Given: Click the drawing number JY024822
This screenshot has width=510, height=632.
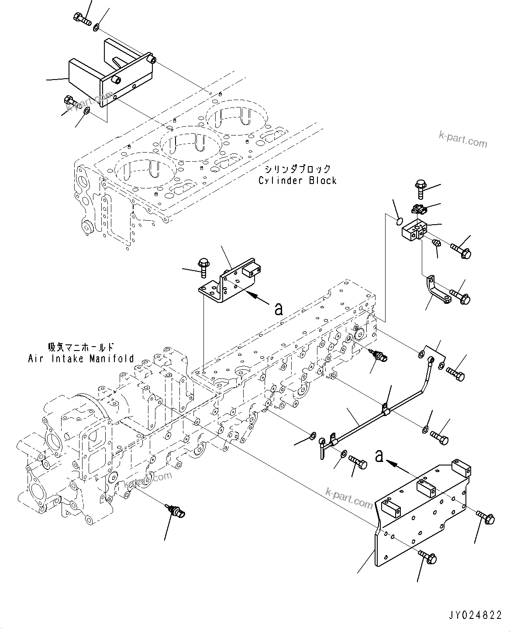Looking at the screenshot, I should click(x=476, y=615).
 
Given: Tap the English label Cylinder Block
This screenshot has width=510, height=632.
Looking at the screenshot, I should click(x=297, y=181).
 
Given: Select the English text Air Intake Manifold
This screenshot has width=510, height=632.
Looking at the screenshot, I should click(x=81, y=359).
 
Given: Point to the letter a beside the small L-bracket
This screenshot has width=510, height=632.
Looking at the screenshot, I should click(x=278, y=309).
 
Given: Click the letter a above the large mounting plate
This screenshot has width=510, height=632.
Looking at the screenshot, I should click(x=379, y=457).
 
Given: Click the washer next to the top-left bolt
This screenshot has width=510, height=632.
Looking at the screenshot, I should click(x=96, y=28).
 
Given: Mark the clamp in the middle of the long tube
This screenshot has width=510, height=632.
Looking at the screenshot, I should click(x=386, y=410).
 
